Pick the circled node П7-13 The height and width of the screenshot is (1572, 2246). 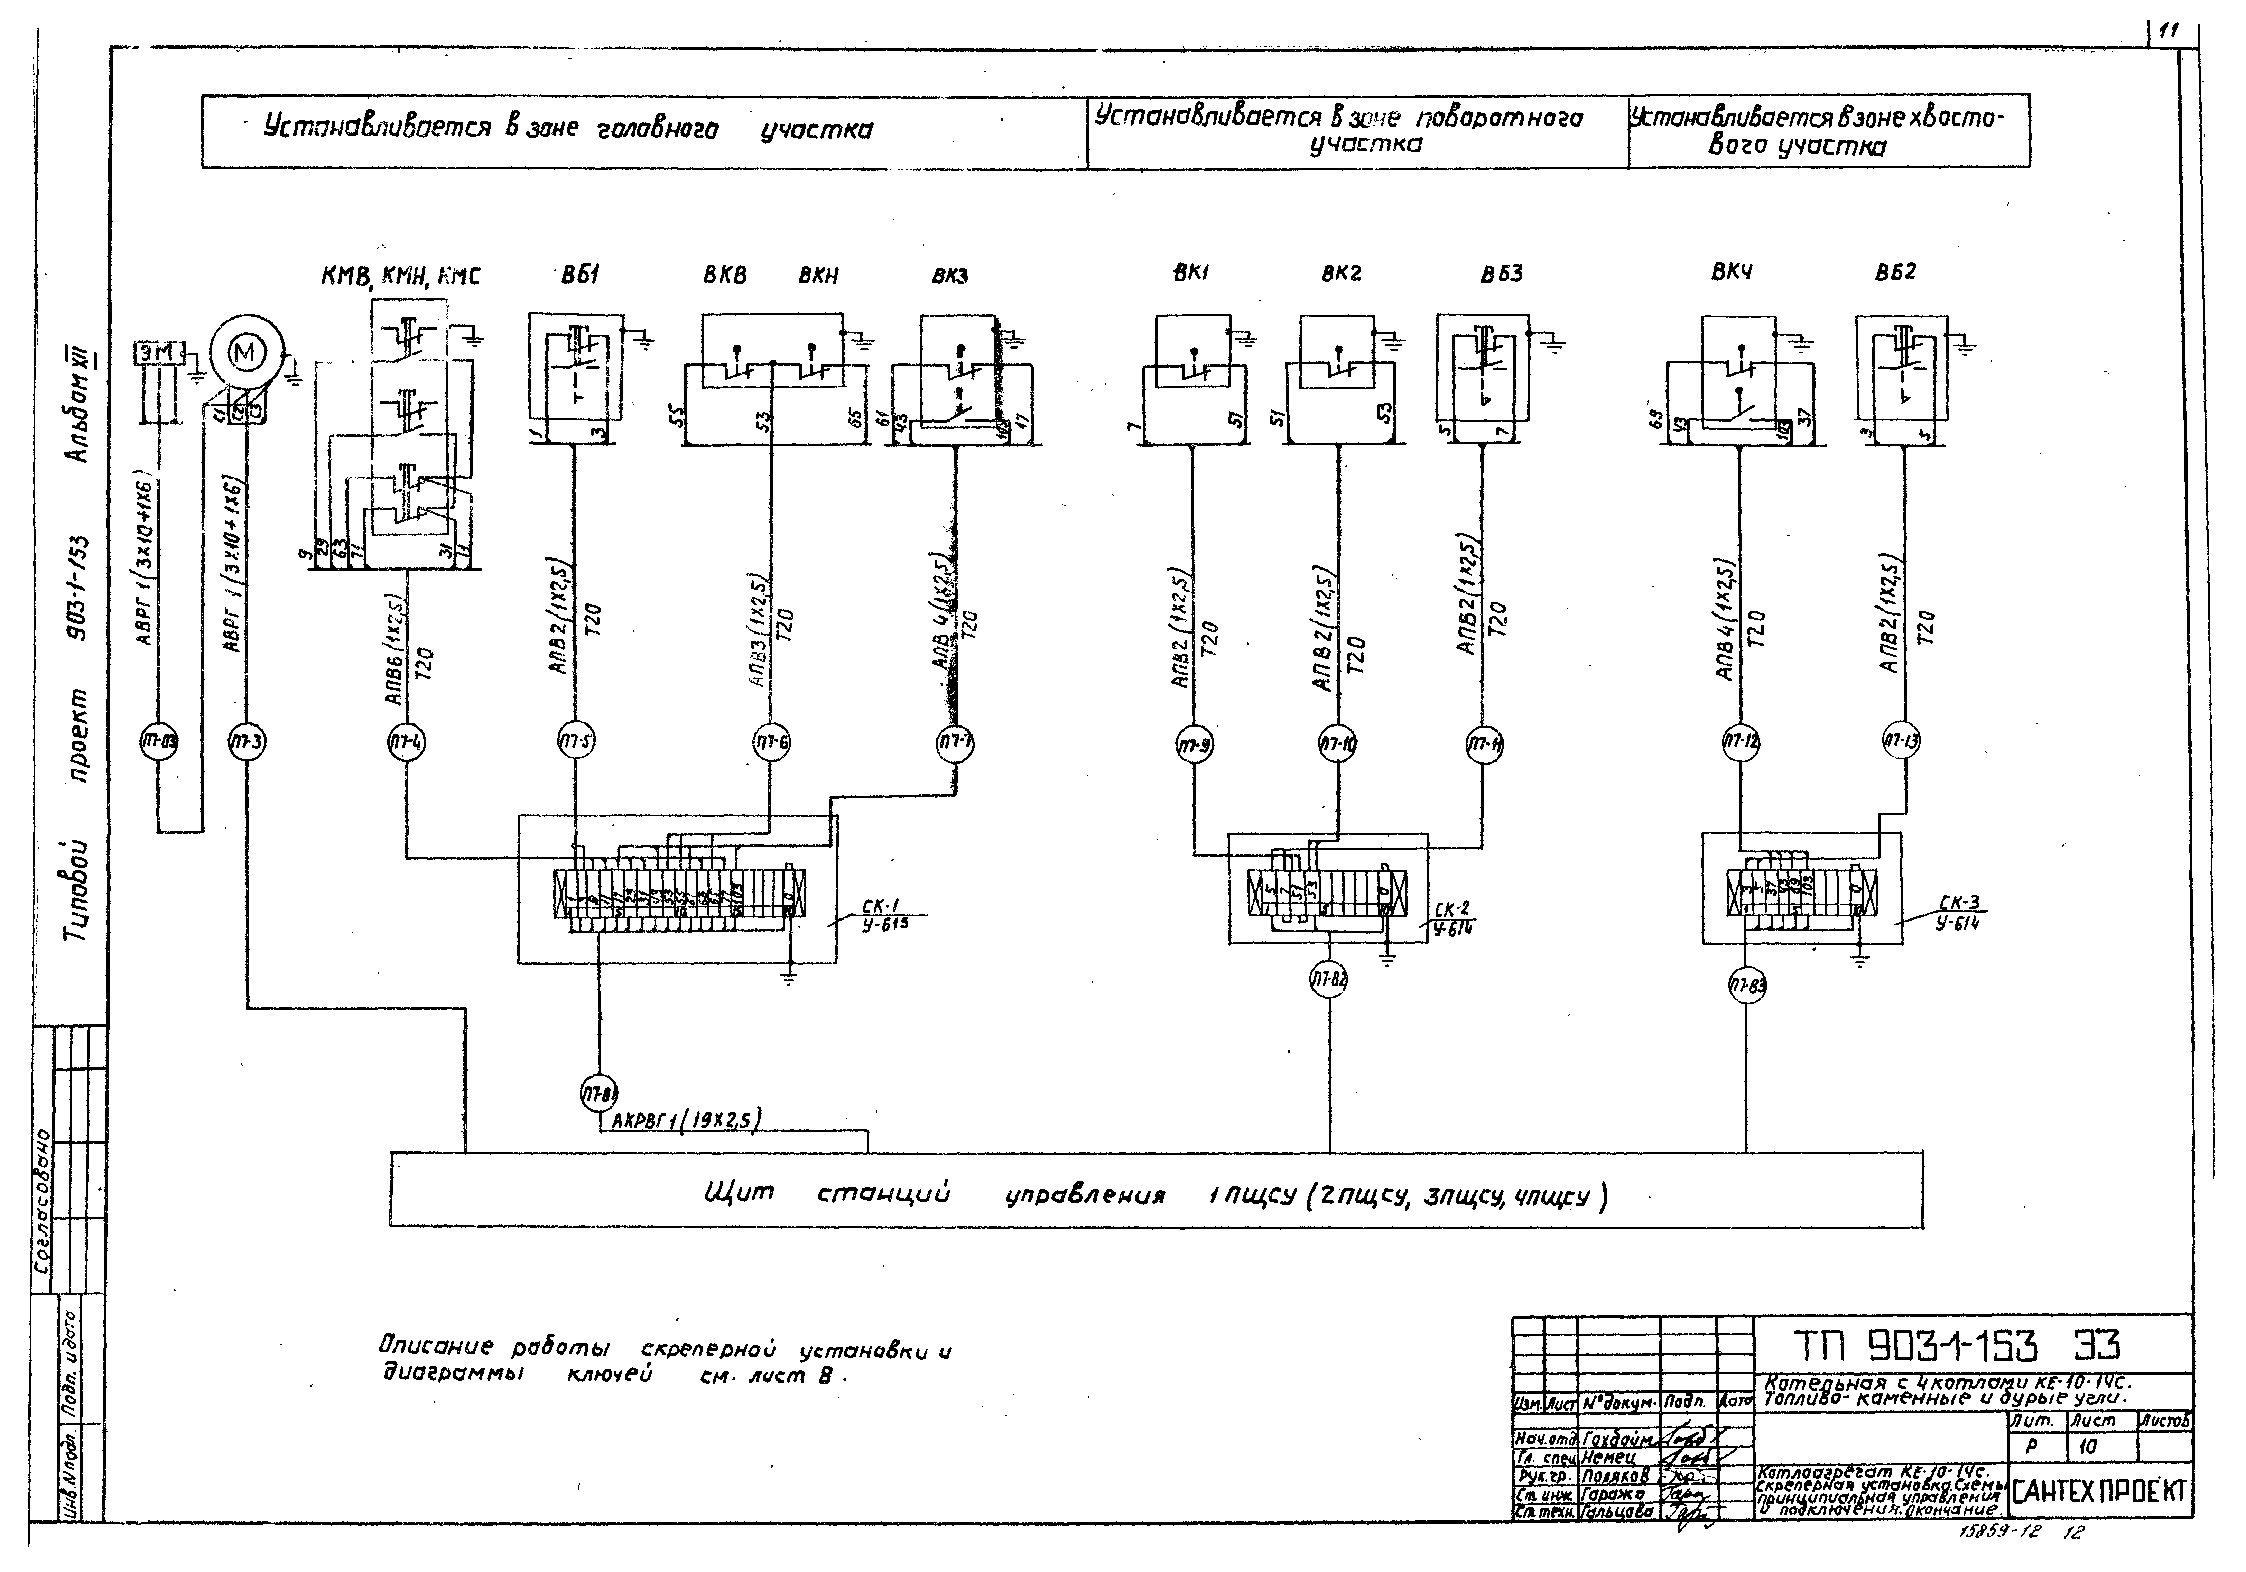1902,742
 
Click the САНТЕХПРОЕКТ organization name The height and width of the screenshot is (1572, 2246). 2099,1492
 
